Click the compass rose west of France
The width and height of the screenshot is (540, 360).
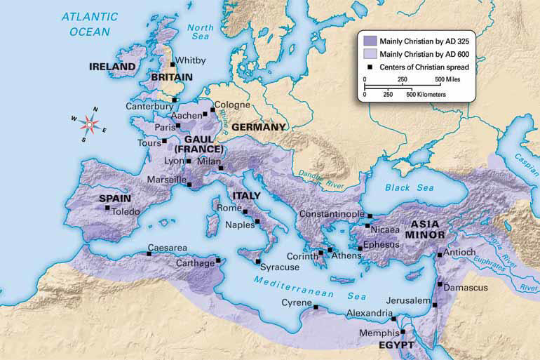[x=89, y=124]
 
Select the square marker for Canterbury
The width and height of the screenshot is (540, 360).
[x=174, y=100]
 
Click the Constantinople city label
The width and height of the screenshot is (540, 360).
[x=332, y=213]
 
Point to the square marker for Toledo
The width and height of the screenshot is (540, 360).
[x=107, y=208]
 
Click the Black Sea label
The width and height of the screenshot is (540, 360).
[x=410, y=187]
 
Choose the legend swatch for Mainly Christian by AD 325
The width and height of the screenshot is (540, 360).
[x=368, y=40]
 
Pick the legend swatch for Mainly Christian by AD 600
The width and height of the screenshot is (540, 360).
[x=368, y=53]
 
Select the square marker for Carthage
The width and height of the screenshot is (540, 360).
[x=218, y=261]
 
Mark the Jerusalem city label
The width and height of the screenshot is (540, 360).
[x=405, y=300]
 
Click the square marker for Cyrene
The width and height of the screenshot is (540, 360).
[x=316, y=307]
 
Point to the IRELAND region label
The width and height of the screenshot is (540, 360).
[x=112, y=67]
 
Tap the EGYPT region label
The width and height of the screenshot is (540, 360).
[x=393, y=345]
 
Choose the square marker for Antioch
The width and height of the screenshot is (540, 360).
[x=439, y=255]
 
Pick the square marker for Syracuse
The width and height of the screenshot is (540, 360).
[x=257, y=261]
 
